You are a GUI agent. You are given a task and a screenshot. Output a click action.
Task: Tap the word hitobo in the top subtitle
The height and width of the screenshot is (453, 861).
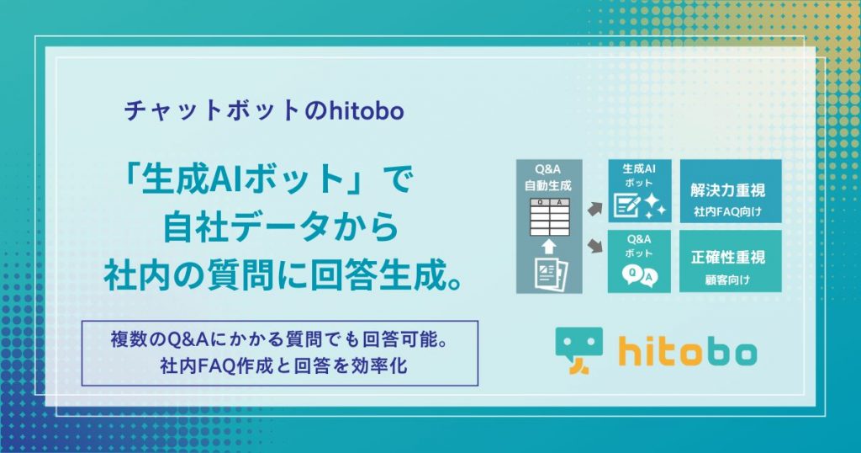[x=367, y=110]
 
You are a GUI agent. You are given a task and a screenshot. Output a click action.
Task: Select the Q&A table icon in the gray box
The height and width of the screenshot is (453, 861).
[x=549, y=218]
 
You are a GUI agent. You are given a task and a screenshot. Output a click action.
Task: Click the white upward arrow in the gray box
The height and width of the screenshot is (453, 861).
[x=548, y=247]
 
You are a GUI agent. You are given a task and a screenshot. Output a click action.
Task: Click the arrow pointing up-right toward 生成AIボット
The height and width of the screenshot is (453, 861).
[x=595, y=209]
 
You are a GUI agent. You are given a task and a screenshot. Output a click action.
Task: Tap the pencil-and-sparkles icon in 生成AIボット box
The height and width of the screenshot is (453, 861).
[x=640, y=205]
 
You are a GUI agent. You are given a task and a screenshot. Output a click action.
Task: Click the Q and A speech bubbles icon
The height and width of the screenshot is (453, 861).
[x=640, y=276]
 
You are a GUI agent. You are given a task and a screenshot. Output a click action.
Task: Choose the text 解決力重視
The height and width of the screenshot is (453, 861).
[x=727, y=190]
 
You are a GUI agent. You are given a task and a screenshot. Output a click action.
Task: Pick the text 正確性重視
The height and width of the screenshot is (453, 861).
[x=727, y=257]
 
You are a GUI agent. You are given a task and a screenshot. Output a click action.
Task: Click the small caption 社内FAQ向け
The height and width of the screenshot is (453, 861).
[x=727, y=211]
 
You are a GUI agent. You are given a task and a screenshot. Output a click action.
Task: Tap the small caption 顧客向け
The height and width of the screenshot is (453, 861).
[x=727, y=280]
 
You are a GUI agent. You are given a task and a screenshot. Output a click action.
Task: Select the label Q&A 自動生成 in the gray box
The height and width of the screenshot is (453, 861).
[x=548, y=179]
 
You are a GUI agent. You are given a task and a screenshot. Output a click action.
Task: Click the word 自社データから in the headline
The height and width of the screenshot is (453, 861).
[x=281, y=226]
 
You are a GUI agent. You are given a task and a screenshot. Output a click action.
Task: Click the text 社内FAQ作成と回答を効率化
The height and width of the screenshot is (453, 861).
[x=284, y=365]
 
